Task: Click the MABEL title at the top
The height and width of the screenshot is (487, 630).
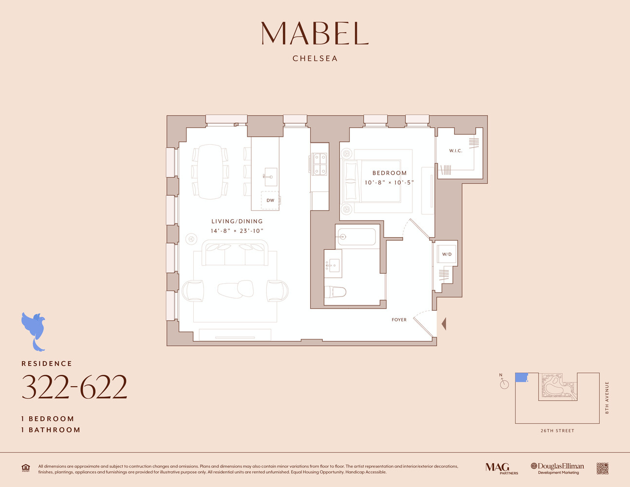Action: coord(315,34)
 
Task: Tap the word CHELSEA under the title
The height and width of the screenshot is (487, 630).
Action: coord(315,58)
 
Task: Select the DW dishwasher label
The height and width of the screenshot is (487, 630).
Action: coord(270,200)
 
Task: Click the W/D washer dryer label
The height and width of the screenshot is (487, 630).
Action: coord(446,254)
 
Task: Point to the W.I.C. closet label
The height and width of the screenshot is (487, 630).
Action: coord(456,151)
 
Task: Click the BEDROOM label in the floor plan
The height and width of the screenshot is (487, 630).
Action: coord(389,173)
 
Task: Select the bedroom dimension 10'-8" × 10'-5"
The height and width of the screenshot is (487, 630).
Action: coord(389,183)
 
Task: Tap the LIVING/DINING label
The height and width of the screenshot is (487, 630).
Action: coord(237,221)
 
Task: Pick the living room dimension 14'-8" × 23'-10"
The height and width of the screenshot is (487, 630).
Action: coord(237,231)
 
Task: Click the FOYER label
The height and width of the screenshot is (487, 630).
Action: coord(399,320)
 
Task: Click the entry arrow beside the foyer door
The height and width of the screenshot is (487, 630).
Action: coord(444,323)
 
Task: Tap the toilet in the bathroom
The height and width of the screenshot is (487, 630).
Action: coord(335,292)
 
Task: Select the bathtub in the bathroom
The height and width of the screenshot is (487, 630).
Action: coord(357,237)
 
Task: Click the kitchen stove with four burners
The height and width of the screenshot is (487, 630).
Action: coord(319,164)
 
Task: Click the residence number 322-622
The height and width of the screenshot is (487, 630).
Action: coord(74,388)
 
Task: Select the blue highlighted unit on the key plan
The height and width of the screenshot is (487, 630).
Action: coord(521,377)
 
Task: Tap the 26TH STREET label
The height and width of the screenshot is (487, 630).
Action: coord(557,431)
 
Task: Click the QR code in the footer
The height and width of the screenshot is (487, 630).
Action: coord(602,468)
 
